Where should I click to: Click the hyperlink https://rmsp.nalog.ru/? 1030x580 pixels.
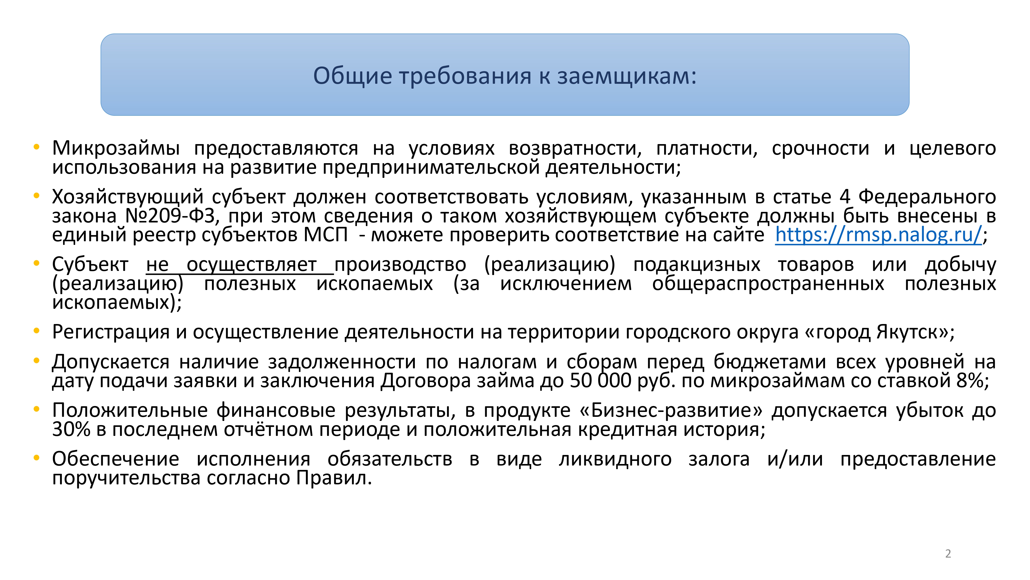tap(878, 235)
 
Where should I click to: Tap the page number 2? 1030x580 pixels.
tap(948, 554)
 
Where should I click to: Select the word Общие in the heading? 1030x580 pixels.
tap(353, 76)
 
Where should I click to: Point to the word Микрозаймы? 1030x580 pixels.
tap(116, 148)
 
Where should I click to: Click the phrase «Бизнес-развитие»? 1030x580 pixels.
tap(671, 411)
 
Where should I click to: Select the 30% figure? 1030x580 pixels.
tap(71, 429)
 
